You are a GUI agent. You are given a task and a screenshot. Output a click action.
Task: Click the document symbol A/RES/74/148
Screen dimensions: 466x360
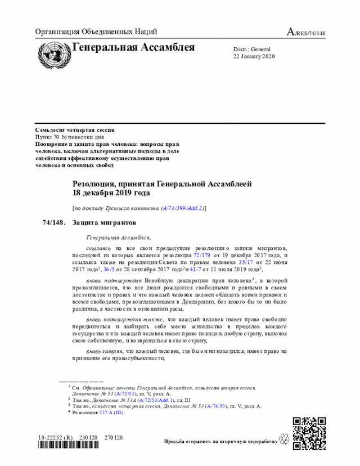tap(306, 32)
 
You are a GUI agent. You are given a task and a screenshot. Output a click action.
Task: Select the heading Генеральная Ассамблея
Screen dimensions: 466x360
tap(133, 47)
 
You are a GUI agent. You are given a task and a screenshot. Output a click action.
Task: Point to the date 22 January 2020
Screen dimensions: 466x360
tap(254, 57)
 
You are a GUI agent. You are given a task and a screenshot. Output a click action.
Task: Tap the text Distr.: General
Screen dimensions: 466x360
tap(251, 50)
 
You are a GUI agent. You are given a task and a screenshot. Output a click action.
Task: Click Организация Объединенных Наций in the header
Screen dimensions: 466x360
tap(96, 32)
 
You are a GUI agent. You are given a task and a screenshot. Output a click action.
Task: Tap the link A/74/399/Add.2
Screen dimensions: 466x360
tap(183, 208)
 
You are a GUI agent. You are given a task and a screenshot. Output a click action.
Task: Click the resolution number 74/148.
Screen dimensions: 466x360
tap(53, 222)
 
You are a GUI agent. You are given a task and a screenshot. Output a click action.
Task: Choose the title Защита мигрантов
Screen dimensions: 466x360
tap(104, 222)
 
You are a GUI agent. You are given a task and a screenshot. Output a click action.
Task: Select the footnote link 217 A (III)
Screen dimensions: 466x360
tap(111, 413)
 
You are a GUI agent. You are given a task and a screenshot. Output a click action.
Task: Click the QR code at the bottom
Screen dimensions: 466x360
tap(309, 432)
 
